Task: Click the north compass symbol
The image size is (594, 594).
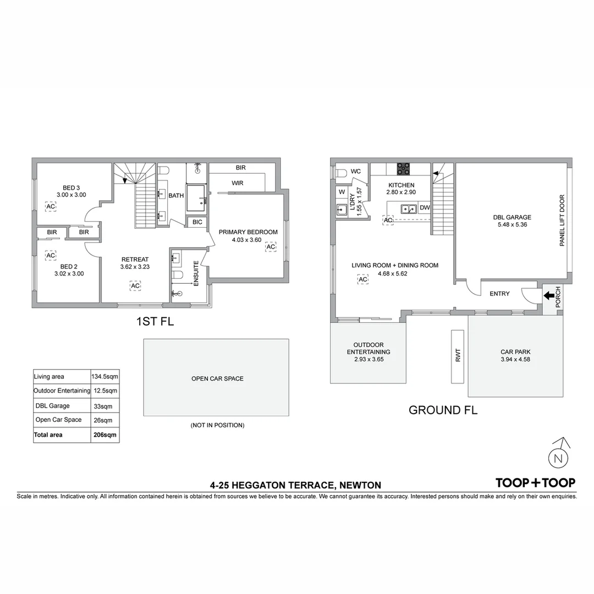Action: pos(559,457)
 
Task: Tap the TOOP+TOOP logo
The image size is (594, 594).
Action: pos(535,483)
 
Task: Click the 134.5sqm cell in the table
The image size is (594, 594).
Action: pos(104,377)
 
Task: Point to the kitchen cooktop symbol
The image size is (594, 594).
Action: pos(403,169)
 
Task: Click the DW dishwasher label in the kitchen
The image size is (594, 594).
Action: pos(424,208)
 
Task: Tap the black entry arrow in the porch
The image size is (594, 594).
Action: pos(549,295)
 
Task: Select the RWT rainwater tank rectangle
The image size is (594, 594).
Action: pos(458,356)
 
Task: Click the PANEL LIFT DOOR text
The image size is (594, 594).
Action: pos(562,220)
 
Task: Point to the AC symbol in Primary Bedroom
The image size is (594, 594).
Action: pos(271,247)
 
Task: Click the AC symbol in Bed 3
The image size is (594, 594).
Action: pos(51,206)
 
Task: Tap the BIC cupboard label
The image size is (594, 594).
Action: pos(196,222)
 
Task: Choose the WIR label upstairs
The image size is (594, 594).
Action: pos(237,183)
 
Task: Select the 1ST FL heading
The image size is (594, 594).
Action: pos(155,322)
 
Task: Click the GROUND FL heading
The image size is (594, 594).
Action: pos(443,410)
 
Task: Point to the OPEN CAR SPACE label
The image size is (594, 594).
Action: pos(217,378)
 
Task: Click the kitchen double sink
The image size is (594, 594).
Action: pos(409,208)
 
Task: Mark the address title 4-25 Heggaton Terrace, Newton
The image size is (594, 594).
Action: pos(295,485)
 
